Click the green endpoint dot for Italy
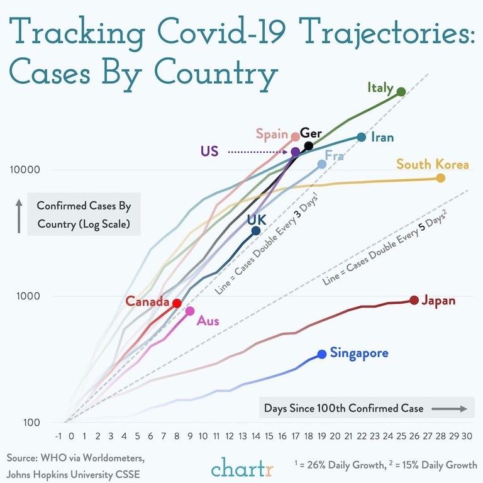pyautogui.click(x=401, y=92)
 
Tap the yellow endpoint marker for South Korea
pyautogui.click(x=440, y=178)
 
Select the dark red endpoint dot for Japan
pyautogui.click(x=414, y=300)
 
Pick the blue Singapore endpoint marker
pyautogui.click(x=322, y=354)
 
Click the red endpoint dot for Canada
pyautogui.click(x=177, y=303)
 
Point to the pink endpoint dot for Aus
pyautogui.click(x=190, y=311)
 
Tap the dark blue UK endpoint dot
pyautogui.click(x=256, y=231)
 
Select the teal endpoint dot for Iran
pyautogui.click(x=361, y=137)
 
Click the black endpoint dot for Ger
pyautogui.click(x=308, y=146)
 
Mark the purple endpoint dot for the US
pyautogui.click(x=296, y=152)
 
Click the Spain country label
pyautogui.click(x=272, y=134)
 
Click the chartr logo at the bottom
pyautogui.click(x=241, y=469)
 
